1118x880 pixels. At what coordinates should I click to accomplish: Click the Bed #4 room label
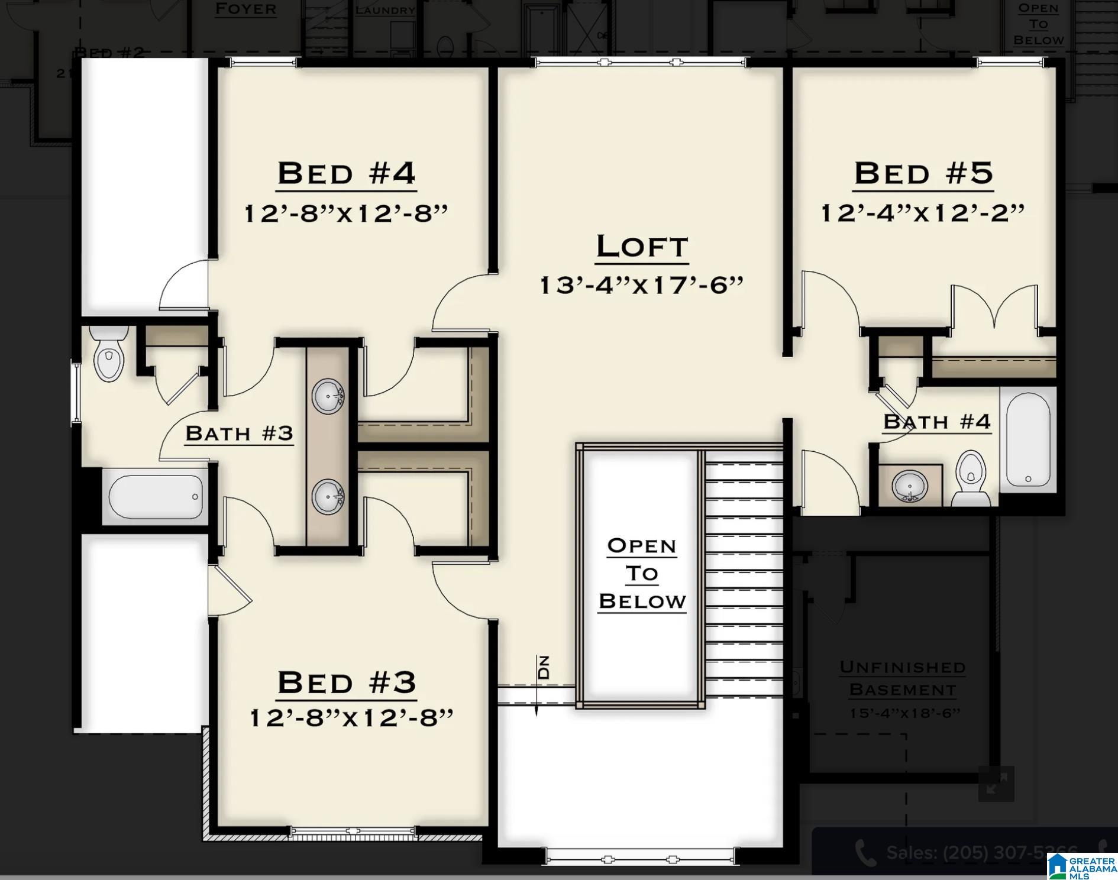347,173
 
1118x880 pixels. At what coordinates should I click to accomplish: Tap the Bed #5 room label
923,173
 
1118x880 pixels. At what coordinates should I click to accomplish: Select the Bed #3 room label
347,682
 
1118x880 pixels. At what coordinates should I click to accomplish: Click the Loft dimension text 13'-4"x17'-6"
641,285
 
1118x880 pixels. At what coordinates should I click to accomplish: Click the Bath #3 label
239,433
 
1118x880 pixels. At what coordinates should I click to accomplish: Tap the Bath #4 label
936,422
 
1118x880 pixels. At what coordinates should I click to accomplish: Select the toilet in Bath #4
970,478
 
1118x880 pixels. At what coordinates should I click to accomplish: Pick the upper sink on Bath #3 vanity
327,396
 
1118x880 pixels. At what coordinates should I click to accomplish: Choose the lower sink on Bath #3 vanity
327,497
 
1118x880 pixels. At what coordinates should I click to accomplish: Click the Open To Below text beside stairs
641,573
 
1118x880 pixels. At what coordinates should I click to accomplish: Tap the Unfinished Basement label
903,678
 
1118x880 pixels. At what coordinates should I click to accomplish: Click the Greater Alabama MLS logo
1082,866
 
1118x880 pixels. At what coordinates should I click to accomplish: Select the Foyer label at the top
245,9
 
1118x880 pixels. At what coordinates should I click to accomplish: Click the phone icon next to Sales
865,853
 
